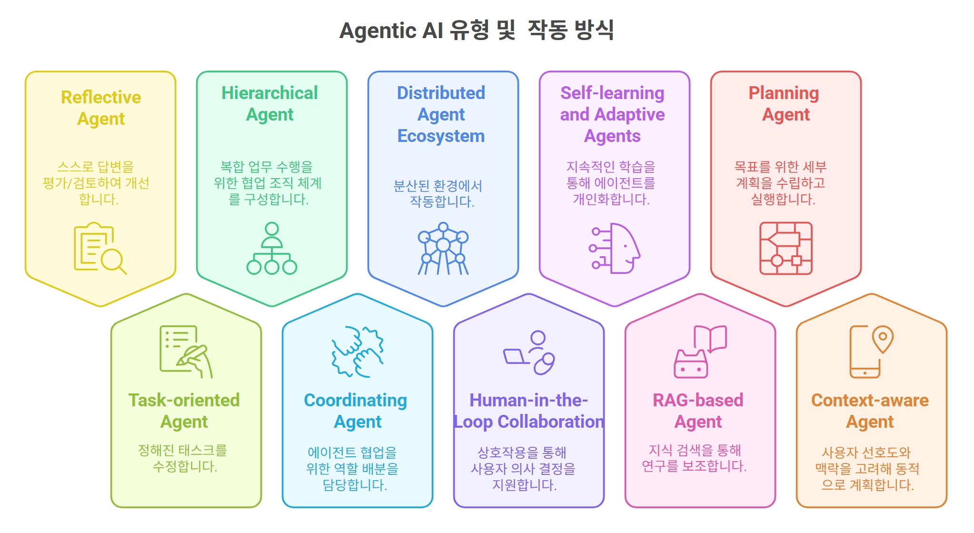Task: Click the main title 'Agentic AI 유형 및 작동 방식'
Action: [x=477, y=30]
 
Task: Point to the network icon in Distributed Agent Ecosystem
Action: [x=443, y=248]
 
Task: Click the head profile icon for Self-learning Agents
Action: [x=615, y=248]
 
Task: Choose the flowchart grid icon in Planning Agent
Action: [x=785, y=248]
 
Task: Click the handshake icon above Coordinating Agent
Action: [x=358, y=352]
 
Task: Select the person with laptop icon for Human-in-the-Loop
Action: [x=529, y=352]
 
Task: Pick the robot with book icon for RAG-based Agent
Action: [x=700, y=352]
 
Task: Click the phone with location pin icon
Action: [x=871, y=352]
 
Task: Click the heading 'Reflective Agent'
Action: [x=101, y=108]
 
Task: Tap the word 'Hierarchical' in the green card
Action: [x=269, y=93]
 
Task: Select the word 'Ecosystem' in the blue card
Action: [x=441, y=136]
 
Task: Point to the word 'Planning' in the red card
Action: [x=784, y=93]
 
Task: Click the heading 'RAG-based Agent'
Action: [x=698, y=411]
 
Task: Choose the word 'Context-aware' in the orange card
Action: [x=870, y=400]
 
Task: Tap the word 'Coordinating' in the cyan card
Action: [x=355, y=400]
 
